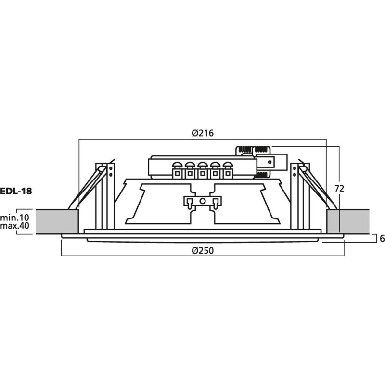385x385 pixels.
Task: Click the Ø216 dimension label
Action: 202,134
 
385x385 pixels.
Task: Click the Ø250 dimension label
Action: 202,250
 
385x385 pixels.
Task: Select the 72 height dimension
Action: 339,189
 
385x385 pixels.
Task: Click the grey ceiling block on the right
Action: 347,221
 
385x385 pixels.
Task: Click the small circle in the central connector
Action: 203,202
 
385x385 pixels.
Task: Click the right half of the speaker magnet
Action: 245,202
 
